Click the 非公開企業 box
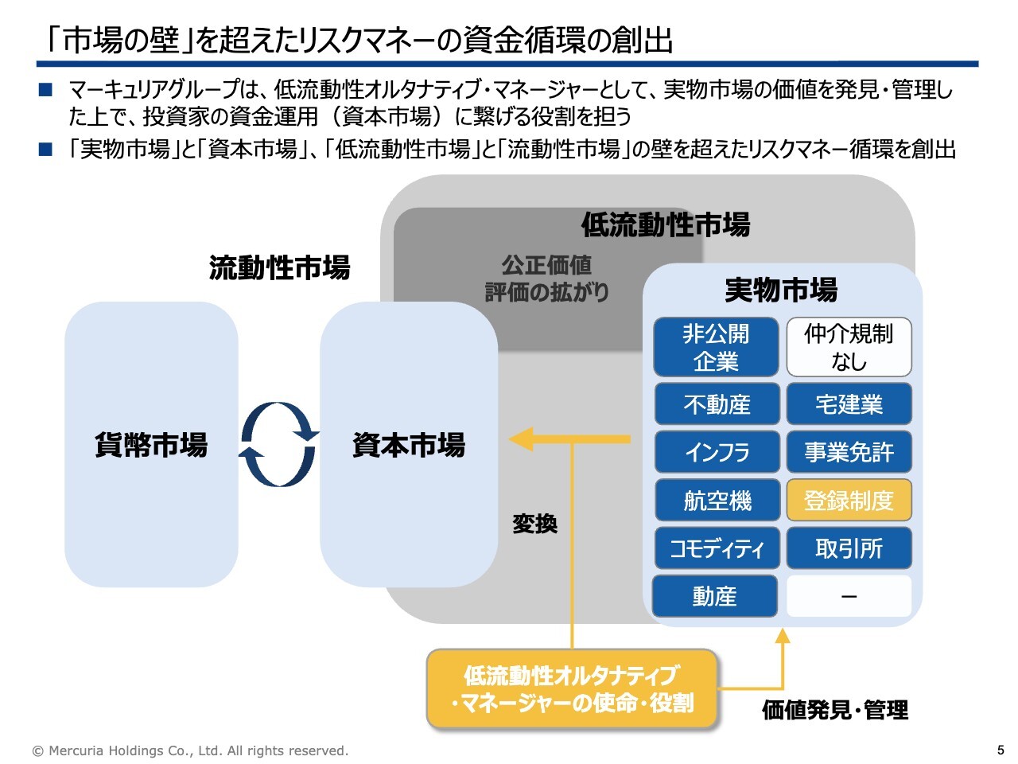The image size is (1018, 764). coord(716,348)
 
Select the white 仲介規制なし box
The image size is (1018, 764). coord(849,348)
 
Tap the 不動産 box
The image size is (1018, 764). coord(716,404)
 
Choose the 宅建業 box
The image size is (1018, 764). coord(849,404)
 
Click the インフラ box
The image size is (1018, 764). coord(716,452)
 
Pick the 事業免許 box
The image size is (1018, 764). coord(849,452)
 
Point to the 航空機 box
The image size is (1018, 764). coord(716,501)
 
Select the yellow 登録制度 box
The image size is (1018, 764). coord(849,501)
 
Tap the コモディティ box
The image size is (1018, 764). coord(716,548)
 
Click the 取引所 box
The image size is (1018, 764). coord(849,548)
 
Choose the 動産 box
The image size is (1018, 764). coord(714,596)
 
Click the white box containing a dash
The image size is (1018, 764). coord(849,596)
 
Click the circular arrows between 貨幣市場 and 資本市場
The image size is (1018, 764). coord(278,444)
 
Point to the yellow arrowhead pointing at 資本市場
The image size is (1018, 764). coord(521,439)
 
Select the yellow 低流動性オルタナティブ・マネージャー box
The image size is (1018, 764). coord(572,689)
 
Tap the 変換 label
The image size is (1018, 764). coord(534,524)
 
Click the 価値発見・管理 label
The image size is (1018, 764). coord(834,710)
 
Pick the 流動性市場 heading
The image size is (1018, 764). coord(279,268)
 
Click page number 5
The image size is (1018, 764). coord(1001,750)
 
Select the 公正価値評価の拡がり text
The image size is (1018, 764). coord(546,279)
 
